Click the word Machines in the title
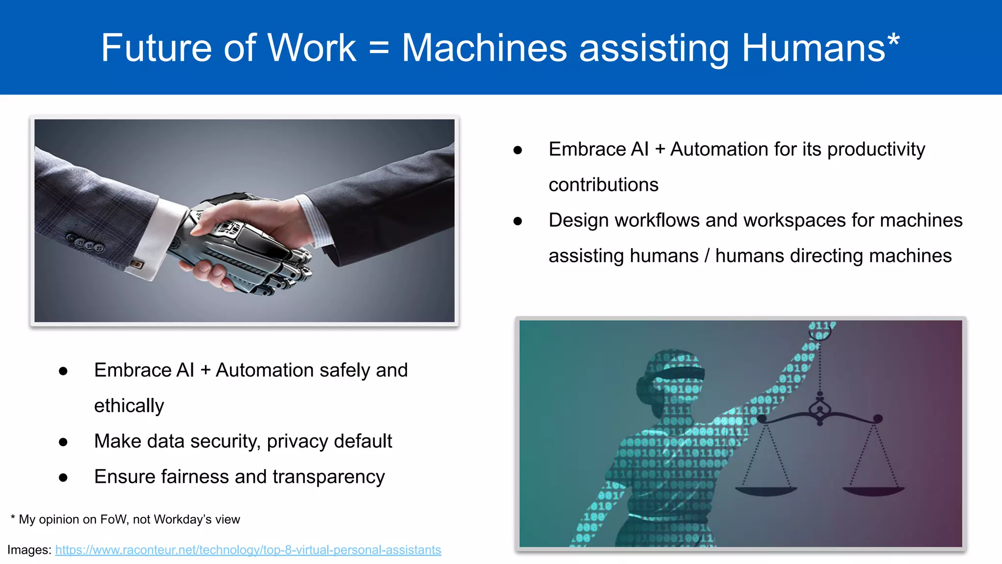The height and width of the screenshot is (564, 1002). click(484, 48)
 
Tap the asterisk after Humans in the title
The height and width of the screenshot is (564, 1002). click(893, 40)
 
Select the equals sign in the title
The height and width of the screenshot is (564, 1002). click(379, 49)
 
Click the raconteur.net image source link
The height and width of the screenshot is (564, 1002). click(248, 550)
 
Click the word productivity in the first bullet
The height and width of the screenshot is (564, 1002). click(876, 149)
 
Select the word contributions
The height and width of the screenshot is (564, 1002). click(603, 185)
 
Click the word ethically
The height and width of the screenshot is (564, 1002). click(129, 406)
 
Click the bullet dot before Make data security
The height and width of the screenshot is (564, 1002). click(63, 442)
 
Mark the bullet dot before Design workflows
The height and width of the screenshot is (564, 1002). click(518, 221)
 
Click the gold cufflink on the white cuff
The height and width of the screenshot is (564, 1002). click(137, 264)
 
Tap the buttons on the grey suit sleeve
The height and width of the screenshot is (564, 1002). click(86, 243)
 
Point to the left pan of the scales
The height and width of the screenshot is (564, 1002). click(766, 490)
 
